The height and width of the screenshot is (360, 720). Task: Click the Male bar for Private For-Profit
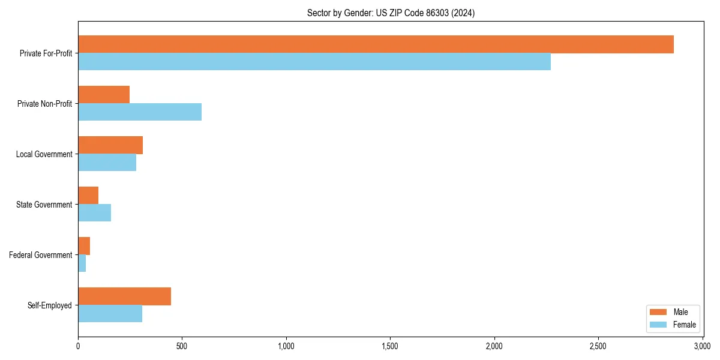click(x=376, y=44)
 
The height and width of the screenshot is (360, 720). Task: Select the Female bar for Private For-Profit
click(x=314, y=62)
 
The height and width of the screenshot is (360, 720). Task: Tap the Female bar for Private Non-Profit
click(x=140, y=112)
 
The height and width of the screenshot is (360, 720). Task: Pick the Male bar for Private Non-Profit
click(x=104, y=95)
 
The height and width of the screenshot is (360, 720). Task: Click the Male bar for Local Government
click(x=110, y=145)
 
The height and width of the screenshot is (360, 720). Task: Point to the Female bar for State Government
click(x=94, y=213)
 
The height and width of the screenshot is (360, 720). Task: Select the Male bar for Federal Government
click(x=84, y=246)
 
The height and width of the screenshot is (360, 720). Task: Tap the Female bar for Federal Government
click(x=82, y=263)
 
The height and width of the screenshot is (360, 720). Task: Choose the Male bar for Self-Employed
click(x=124, y=296)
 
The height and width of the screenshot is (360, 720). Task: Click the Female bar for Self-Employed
click(x=110, y=314)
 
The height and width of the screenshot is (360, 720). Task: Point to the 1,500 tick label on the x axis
click(x=390, y=347)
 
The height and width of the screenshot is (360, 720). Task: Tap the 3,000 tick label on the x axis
click(x=702, y=347)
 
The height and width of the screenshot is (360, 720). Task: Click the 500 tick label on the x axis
click(x=182, y=347)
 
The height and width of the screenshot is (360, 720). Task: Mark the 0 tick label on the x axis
click(x=78, y=347)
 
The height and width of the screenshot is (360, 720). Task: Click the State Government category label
click(x=44, y=205)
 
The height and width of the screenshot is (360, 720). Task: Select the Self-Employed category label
click(x=49, y=305)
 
